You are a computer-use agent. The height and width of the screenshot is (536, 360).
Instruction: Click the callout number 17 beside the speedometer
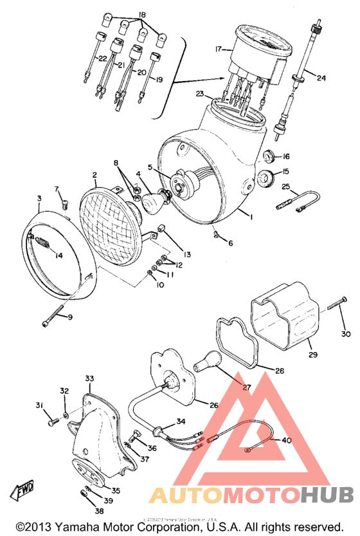pyautogui.click(x=218, y=48)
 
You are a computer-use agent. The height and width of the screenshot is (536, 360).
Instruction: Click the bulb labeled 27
pyautogui.click(x=210, y=363)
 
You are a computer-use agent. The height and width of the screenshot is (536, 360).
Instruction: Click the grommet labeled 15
pyautogui.click(x=265, y=176)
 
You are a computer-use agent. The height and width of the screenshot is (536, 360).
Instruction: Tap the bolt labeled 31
pyautogui.click(x=51, y=423)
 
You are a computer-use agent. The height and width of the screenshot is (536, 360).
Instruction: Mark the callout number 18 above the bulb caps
pyautogui.click(x=141, y=14)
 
